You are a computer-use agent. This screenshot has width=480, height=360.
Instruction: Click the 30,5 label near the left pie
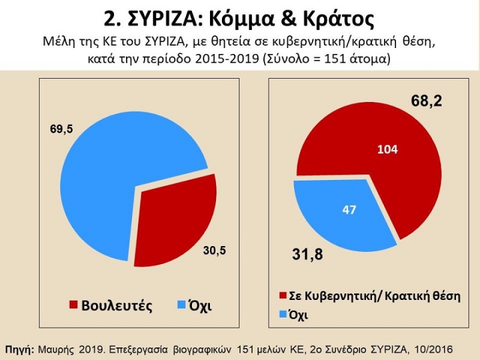214,250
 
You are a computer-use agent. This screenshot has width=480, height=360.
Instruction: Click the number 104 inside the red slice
388,150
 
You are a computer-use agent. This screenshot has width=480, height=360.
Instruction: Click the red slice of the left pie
175,218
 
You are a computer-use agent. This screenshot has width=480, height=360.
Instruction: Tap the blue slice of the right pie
338,218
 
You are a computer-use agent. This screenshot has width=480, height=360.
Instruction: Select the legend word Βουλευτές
116,305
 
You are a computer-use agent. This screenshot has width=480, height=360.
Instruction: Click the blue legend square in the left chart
182,304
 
